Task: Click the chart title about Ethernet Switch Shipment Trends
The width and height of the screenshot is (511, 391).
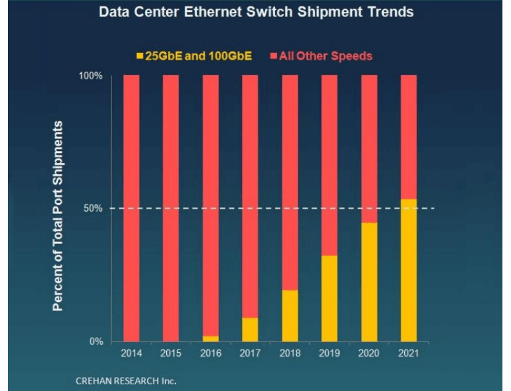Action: pos(255,13)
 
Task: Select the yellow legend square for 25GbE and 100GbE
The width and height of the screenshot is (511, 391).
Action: pos(139,56)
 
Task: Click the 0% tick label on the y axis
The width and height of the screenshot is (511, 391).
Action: pos(96,342)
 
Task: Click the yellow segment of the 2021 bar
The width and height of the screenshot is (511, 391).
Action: pos(409,270)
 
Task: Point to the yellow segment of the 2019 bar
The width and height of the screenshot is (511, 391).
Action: pos(330,299)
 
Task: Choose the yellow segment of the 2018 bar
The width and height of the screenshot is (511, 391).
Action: pos(290,316)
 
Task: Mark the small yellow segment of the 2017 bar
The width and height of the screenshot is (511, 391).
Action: pos(250,330)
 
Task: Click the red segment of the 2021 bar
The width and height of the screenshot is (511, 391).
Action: pos(409,137)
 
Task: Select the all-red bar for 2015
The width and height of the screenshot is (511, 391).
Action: pos(171,208)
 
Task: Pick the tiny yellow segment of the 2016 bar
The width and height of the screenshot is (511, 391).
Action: pos(210,338)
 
